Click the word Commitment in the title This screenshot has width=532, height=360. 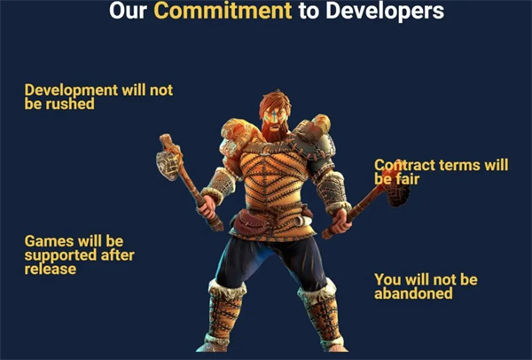(223, 11)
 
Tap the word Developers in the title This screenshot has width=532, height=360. (385, 11)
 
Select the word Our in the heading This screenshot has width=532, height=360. (128, 11)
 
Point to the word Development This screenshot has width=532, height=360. (71, 91)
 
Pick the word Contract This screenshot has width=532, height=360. (404, 165)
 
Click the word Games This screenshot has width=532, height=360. (49, 241)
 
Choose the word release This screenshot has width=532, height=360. (51, 269)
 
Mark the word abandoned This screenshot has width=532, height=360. (413, 293)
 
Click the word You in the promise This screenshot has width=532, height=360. (387, 279)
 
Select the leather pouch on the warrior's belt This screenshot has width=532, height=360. (250, 223)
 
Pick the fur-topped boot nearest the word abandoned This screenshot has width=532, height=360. (321, 316)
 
